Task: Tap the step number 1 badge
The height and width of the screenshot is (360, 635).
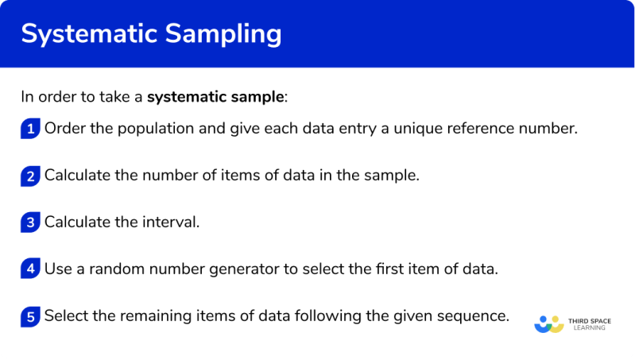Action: pyautogui.click(x=30, y=130)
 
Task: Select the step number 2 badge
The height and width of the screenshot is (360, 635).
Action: pyautogui.click(x=30, y=176)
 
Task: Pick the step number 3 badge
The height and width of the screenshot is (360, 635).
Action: pyautogui.click(x=30, y=223)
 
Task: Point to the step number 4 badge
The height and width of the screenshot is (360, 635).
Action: pyautogui.click(x=30, y=269)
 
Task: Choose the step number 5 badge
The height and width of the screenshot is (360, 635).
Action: pyautogui.click(x=30, y=316)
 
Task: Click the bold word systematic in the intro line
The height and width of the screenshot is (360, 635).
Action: pyautogui.click(x=185, y=98)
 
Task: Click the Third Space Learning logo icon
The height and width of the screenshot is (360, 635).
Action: pyautogui.click(x=548, y=323)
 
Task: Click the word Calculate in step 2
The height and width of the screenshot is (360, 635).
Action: pyautogui.click(x=78, y=176)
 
